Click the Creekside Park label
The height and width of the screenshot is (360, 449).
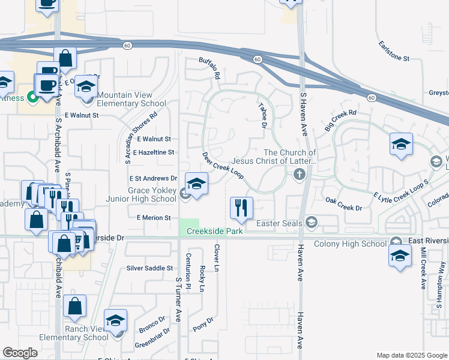click(214, 231)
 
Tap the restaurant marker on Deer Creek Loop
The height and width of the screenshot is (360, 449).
click(241, 208)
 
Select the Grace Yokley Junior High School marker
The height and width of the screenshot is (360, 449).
click(196, 184)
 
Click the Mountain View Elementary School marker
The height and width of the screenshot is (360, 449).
click(86, 87)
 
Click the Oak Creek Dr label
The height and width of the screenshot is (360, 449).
click(343, 204)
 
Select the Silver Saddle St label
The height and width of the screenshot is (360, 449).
click(149, 268)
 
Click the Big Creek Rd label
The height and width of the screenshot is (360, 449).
click(340, 120)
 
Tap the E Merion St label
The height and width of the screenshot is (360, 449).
click(154, 218)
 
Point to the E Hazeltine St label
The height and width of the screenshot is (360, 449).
click(154, 153)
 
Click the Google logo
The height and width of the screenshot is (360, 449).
click(20, 353)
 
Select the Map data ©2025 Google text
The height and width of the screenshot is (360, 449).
click(412, 355)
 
